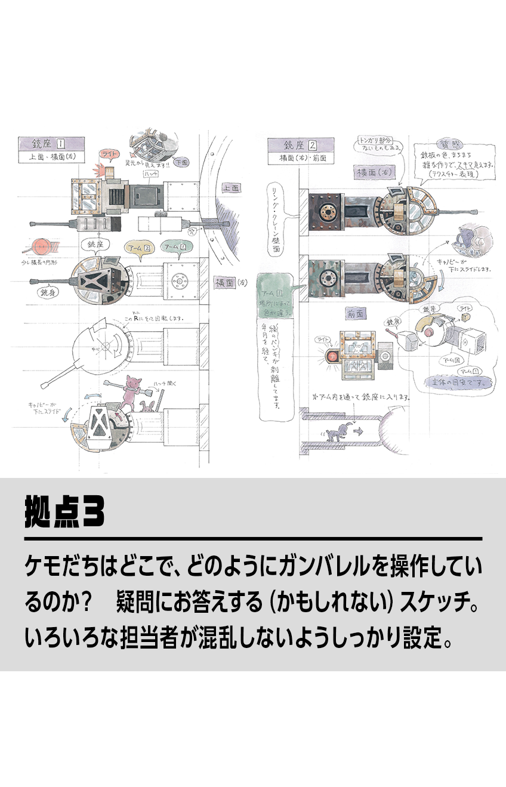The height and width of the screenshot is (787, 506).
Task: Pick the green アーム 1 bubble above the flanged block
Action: (x=178, y=246)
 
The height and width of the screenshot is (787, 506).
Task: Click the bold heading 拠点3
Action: (x=64, y=511)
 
